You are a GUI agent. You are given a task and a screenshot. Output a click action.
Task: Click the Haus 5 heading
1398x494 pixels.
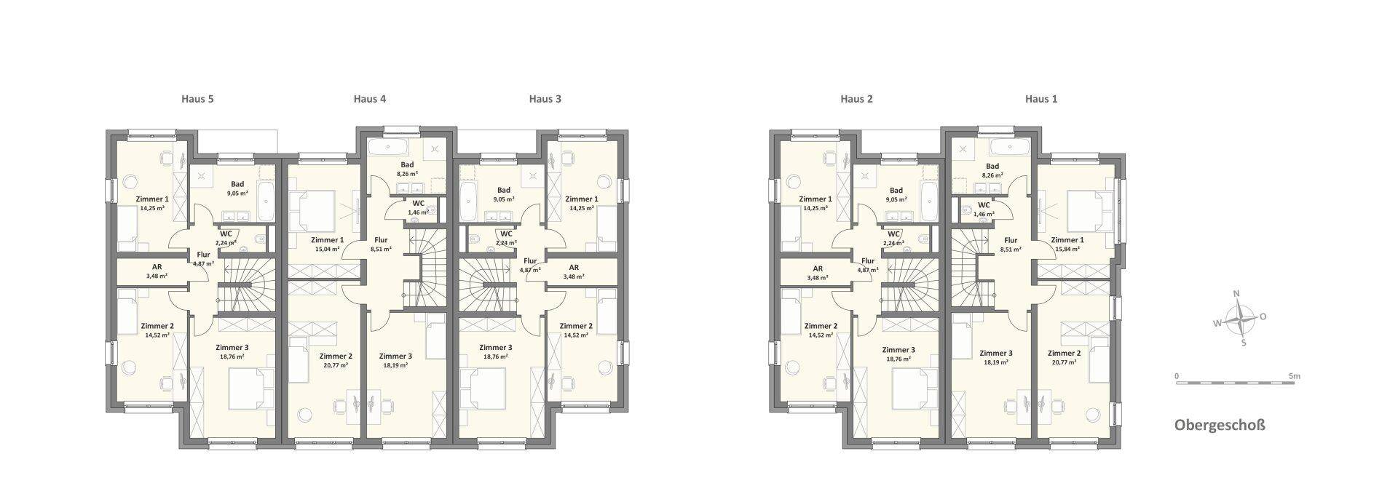pos(197,99)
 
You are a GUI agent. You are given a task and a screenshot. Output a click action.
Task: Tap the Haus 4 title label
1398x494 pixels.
pos(370,99)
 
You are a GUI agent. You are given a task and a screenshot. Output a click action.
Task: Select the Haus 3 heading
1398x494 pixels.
pos(545,99)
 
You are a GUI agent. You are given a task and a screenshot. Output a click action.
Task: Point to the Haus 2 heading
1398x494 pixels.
pos(856,99)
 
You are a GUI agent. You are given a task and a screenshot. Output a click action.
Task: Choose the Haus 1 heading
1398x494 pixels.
pos(1041,99)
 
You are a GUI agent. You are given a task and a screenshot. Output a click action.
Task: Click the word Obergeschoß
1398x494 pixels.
pos(1220,425)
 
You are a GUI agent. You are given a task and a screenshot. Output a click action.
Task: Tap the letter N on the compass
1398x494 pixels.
pos(1236,294)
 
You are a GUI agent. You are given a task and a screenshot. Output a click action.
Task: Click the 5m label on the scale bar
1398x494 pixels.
pos(1294,376)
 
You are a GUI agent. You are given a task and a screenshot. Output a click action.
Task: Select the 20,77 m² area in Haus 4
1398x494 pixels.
pos(336,365)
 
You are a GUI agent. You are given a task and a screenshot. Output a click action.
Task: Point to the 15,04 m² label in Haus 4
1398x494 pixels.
pos(327,249)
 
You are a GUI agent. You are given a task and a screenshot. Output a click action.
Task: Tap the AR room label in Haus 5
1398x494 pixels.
pos(157,267)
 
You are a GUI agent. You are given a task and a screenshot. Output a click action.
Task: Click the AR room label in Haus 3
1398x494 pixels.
pos(574,267)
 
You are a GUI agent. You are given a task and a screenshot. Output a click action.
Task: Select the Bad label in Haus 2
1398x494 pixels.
pos(896,191)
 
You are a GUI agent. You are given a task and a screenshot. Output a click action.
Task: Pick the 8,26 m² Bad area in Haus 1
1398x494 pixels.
pos(992,175)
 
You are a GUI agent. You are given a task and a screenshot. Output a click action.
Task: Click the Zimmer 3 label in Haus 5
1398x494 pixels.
pos(231,348)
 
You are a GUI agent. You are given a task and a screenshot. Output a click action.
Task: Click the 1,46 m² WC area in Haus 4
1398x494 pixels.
pos(418,212)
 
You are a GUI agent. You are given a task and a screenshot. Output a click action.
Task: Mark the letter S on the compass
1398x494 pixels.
pos(1244,343)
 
